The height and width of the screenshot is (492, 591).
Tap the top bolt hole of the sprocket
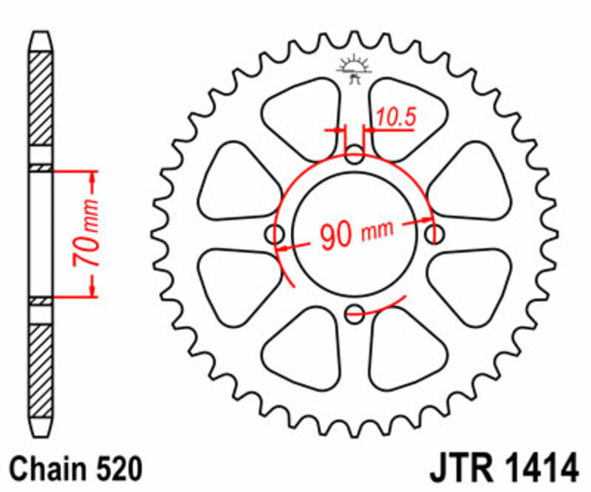355,156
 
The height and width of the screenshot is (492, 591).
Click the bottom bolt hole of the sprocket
355,311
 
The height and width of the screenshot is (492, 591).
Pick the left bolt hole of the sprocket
278,234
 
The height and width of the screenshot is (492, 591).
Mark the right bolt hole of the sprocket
434,234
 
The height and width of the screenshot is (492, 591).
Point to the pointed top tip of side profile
41,33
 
